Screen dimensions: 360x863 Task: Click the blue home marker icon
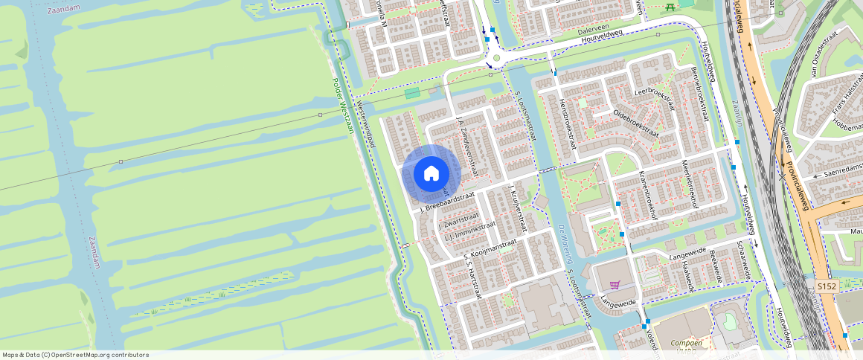click(x=431, y=173)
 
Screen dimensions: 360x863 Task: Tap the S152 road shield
click(x=825, y=286)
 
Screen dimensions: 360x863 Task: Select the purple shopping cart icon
click(x=615, y=284)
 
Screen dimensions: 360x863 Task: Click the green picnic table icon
click(x=670, y=7)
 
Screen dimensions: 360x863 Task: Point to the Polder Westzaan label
click(x=344, y=105)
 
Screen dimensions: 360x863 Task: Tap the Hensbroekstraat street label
click(x=568, y=123)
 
